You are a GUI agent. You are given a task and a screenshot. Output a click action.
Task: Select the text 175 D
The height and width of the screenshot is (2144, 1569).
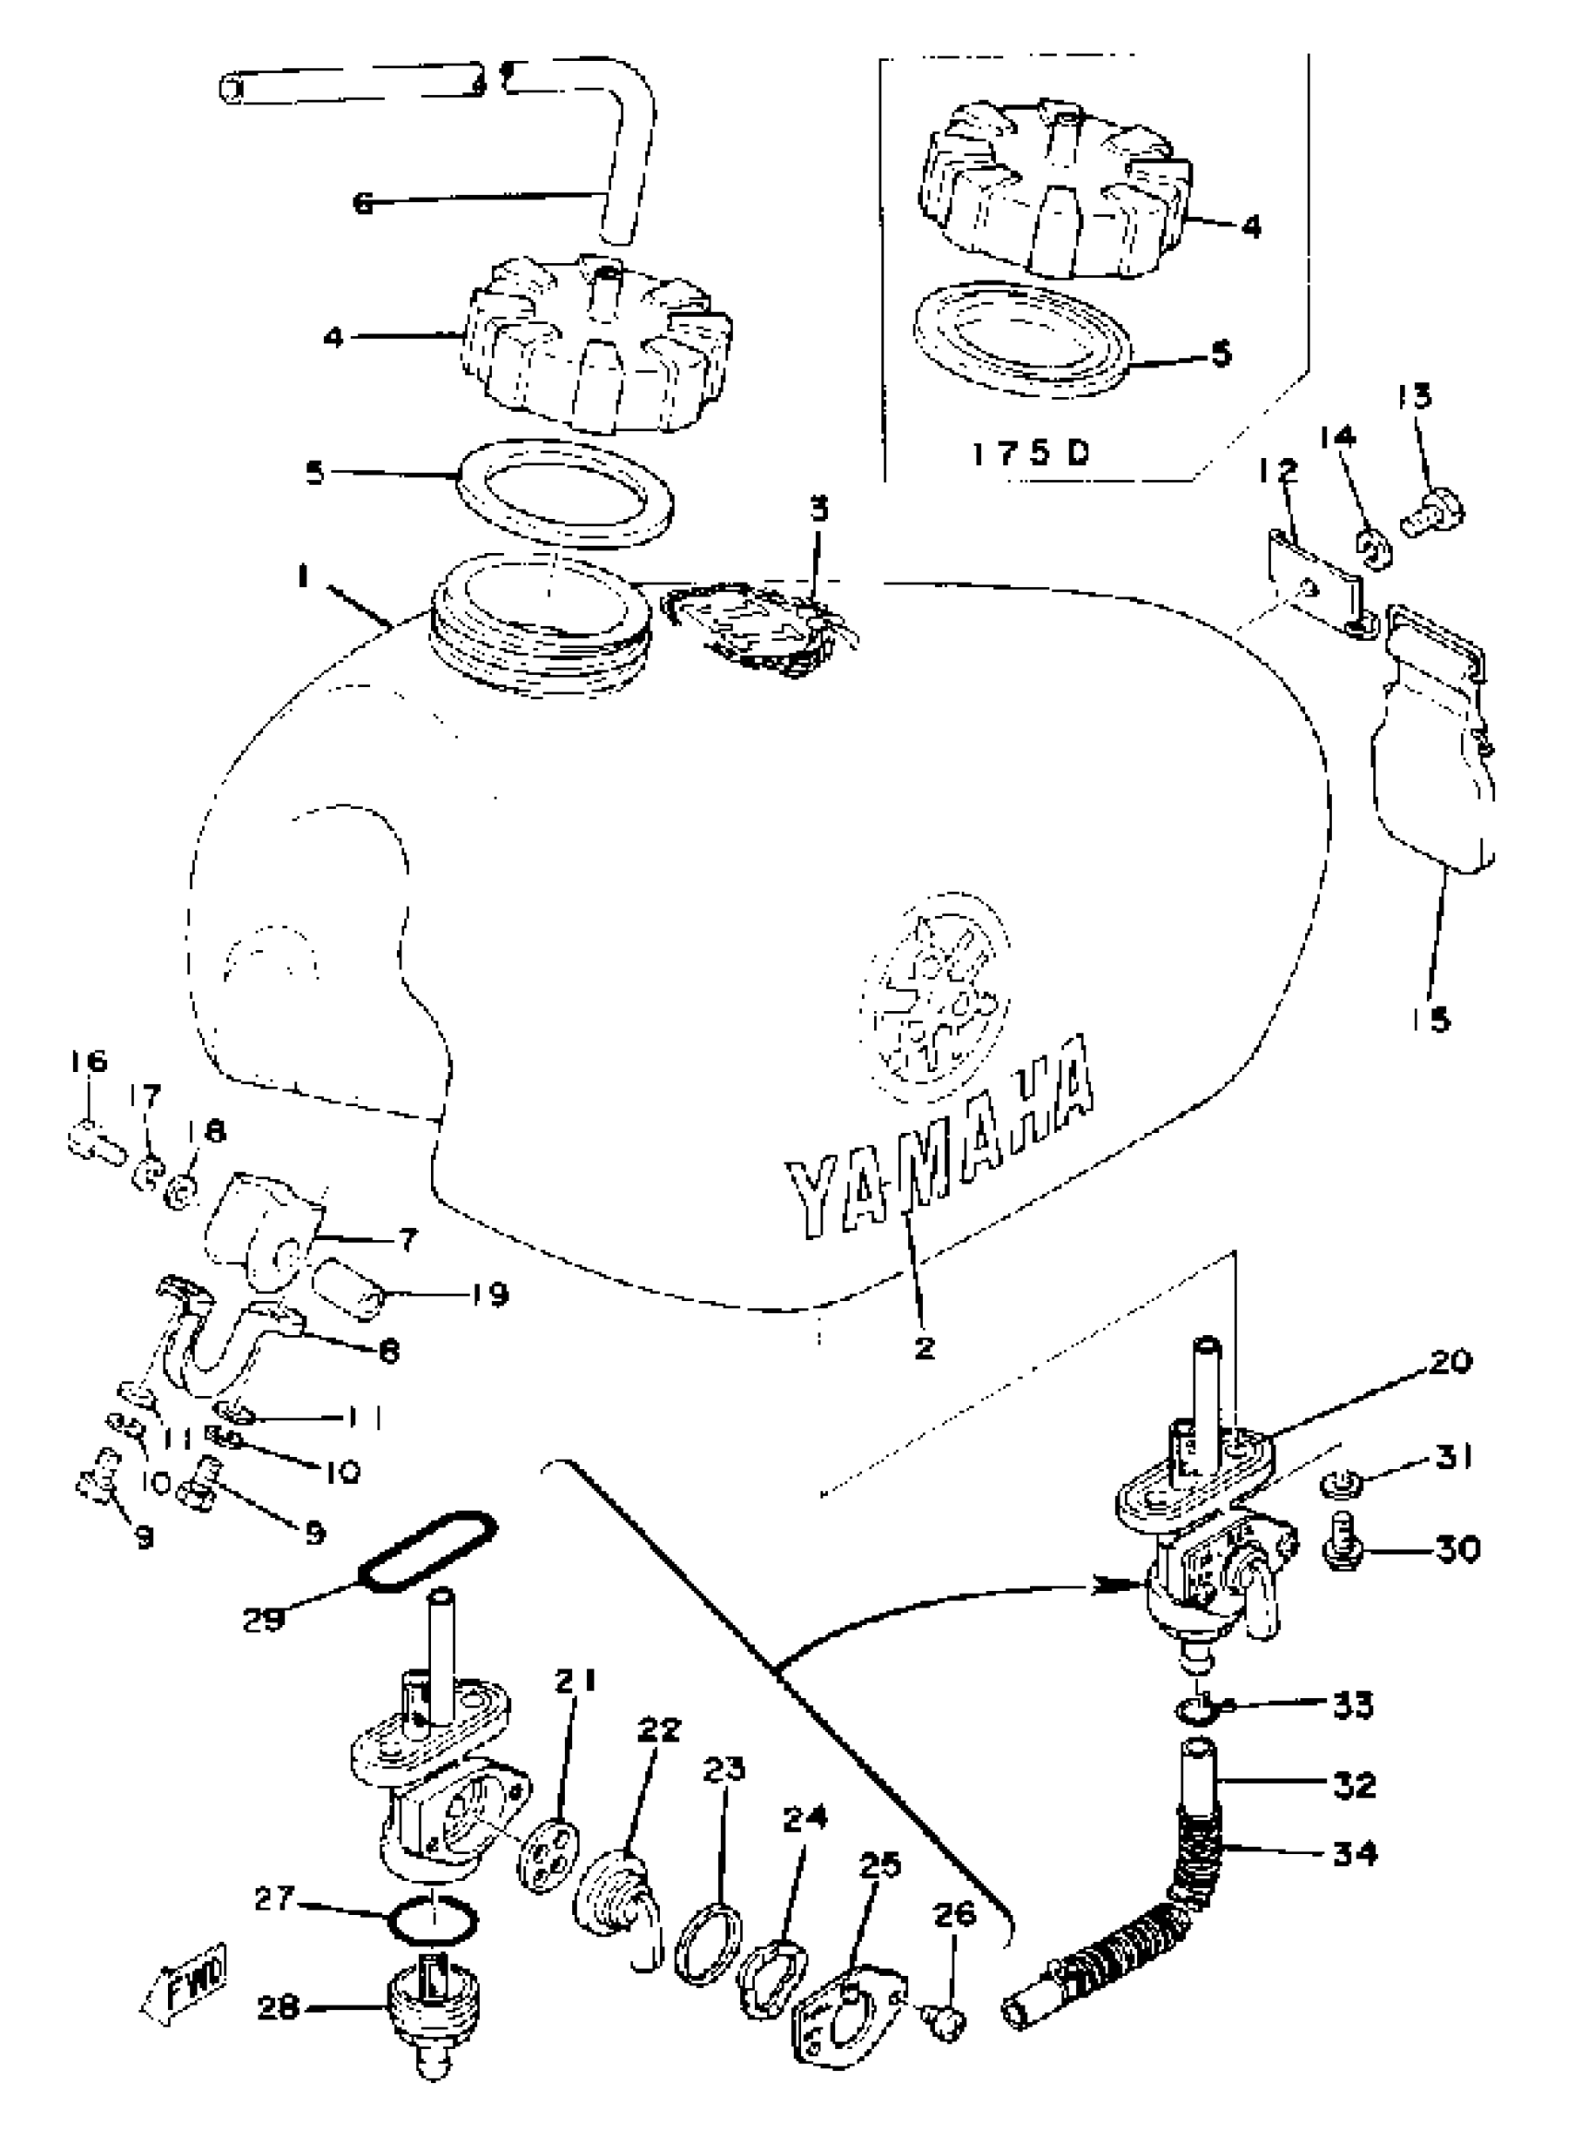tap(1031, 453)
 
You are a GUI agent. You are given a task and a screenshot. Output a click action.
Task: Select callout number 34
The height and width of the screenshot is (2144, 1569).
tap(1354, 1852)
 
